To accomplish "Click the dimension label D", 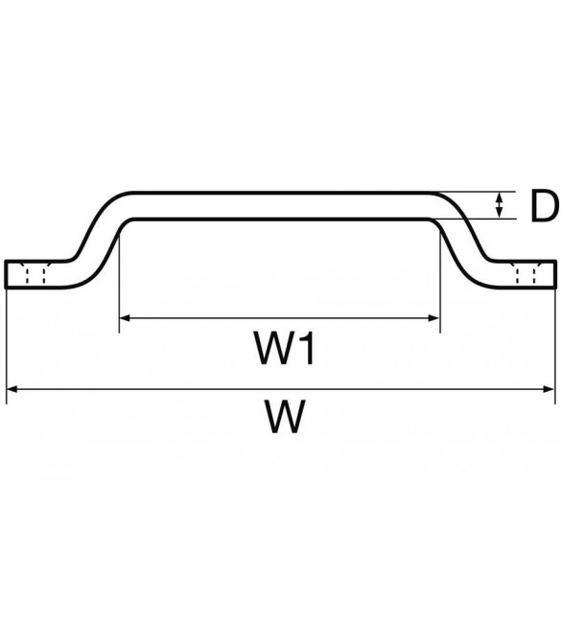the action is click(x=545, y=206).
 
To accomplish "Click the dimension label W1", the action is click(x=285, y=349).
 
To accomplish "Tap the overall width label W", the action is click(x=286, y=416).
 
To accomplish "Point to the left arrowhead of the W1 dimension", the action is click(x=126, y=318).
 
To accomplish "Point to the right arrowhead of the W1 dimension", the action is click(x=433, y=318).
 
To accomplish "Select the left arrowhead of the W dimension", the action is click(x=12, y=389).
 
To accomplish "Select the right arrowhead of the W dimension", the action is click(x=549, y=389).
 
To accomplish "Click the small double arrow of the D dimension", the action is click(x=500, y=205).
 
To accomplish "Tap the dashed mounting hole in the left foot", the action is click(x=35, y=273).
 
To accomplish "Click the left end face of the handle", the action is click(x=6, y=274).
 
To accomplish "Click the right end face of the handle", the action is click(x=554, y=274).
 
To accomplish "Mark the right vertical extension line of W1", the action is click(x=440, y=282).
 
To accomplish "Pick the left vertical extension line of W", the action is click(x=7, y=346).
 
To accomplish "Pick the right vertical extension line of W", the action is click(x=555, y=346).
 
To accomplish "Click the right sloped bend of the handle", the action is click(x=464, y=240).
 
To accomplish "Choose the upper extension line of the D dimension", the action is click(x=473, y=192).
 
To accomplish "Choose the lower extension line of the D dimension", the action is click(x=473, y=219).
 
